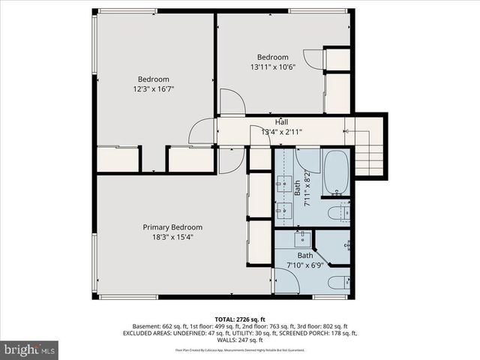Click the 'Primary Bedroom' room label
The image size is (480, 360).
pos(172,227)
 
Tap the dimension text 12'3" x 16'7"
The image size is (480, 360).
pos(153,89)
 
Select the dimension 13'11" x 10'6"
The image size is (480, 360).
pos(273,67)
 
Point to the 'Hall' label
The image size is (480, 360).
pos(281,122)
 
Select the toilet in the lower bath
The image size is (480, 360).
pos(338,282)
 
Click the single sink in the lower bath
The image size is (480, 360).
pos(302,239)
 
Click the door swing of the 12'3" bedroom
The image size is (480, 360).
pos(202,132)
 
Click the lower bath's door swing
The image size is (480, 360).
pos(286,280)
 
